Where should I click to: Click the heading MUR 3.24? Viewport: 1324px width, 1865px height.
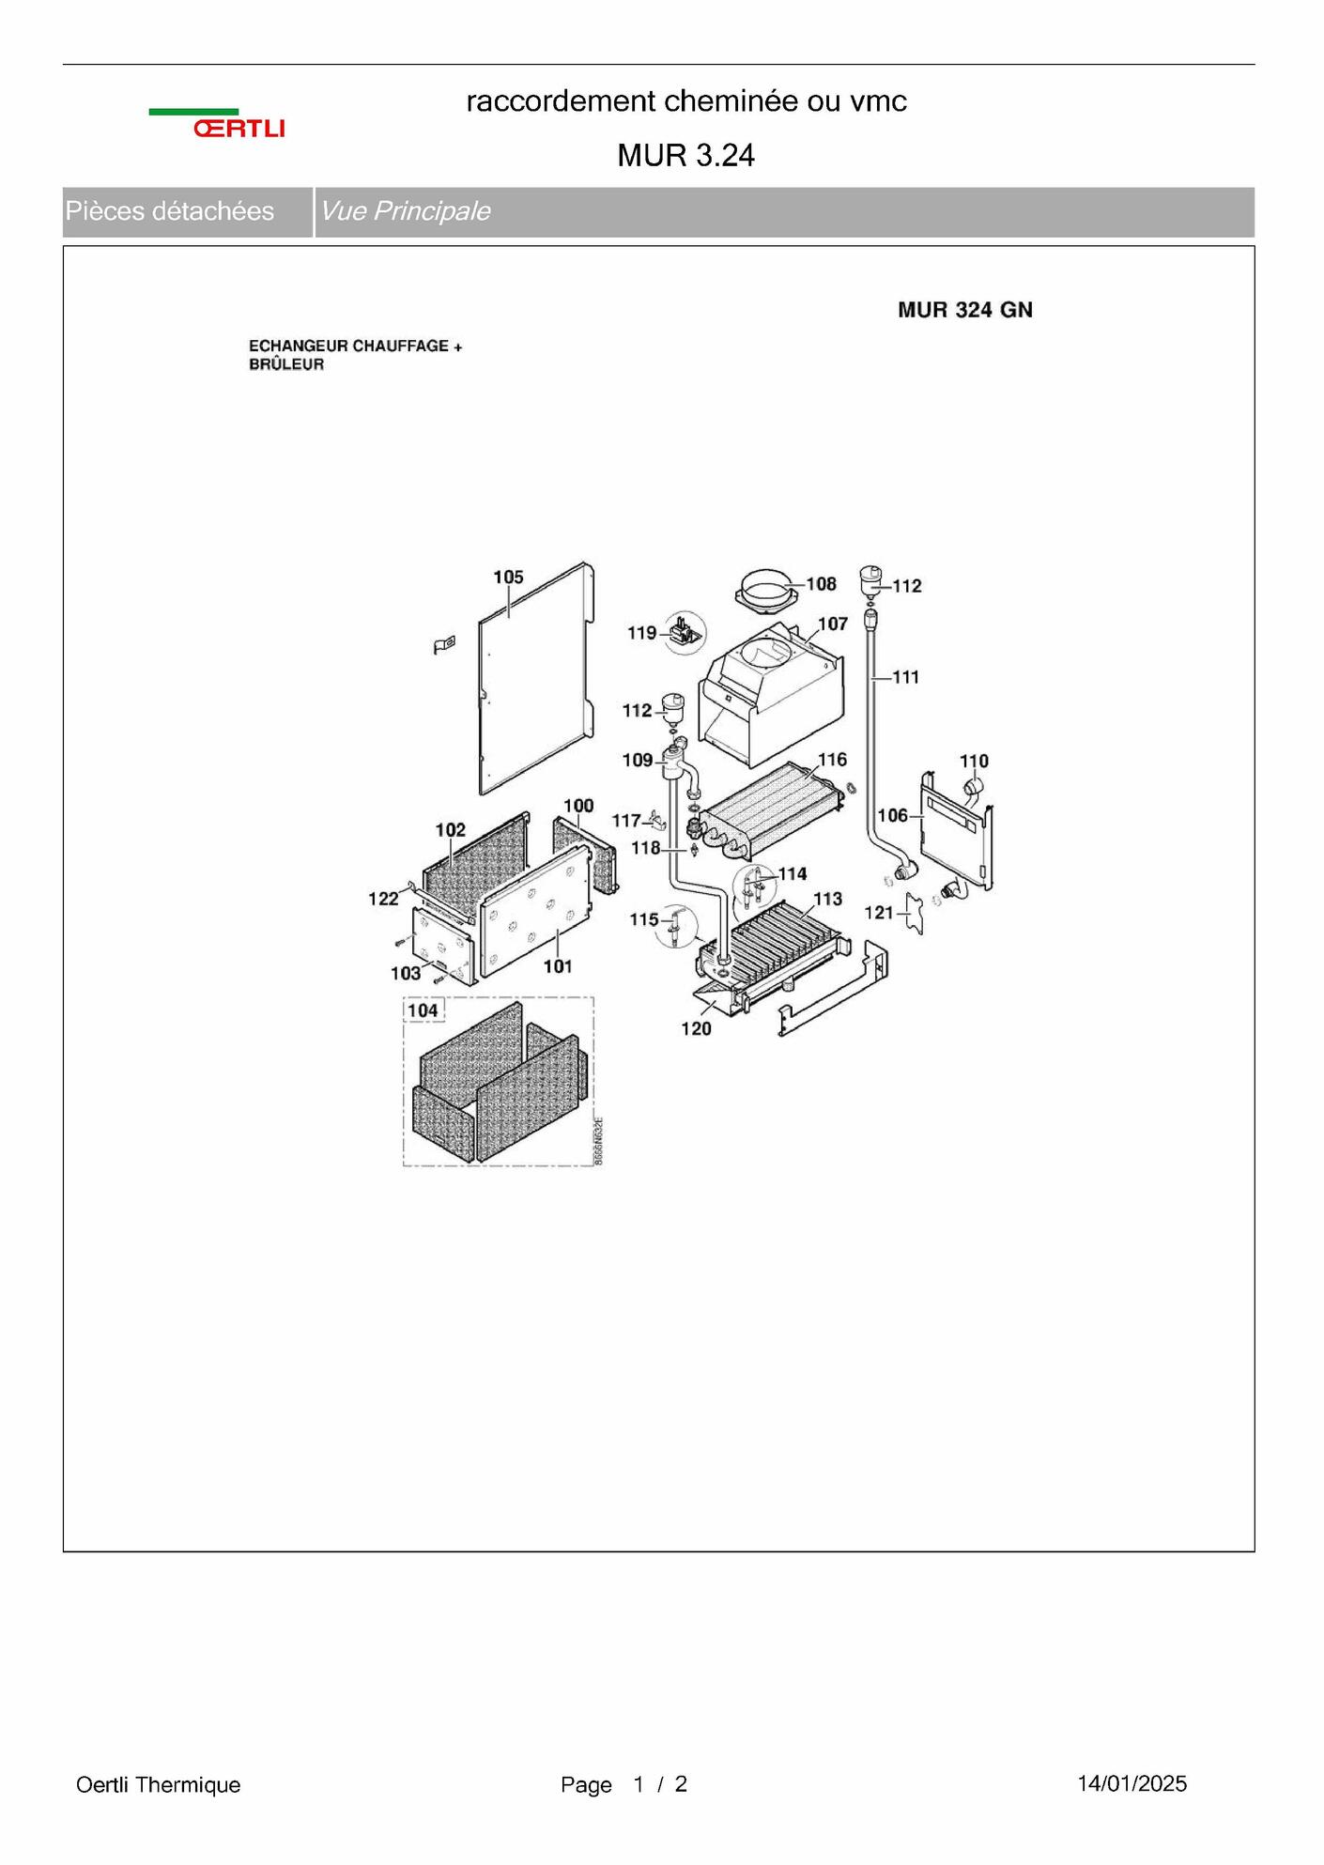(x=685, y=156)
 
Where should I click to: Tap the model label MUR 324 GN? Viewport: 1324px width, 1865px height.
(x=964, y=311)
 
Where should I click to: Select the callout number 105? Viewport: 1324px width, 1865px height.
(x=508, y=578)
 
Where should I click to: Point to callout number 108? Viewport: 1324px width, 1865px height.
(x=821, y=584)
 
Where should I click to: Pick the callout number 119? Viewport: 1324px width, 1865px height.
(x=642, y=633)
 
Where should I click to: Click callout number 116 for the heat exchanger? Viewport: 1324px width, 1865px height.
(x=832, y=760)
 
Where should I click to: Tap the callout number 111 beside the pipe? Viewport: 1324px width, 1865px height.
(x=905, y=677)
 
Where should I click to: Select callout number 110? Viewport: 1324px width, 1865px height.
(x=974, y=761)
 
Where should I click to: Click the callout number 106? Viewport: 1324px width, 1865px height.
(x=892, y=815)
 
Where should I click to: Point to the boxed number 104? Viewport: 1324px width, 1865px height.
(x=423, y=1010)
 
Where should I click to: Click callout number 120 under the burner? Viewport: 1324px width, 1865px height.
(x=696, y=1029)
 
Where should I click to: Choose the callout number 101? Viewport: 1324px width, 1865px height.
(x=558, y=966)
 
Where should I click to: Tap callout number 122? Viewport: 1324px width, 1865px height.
(x=383, y=899)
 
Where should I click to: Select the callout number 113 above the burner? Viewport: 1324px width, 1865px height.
(x=827, y=899)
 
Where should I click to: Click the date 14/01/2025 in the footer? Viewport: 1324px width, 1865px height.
(x=1132, y=1783)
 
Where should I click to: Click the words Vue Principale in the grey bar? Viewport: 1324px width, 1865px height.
(x=405, y=211)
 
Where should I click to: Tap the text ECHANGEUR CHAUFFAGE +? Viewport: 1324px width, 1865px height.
(x=355, y=347)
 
